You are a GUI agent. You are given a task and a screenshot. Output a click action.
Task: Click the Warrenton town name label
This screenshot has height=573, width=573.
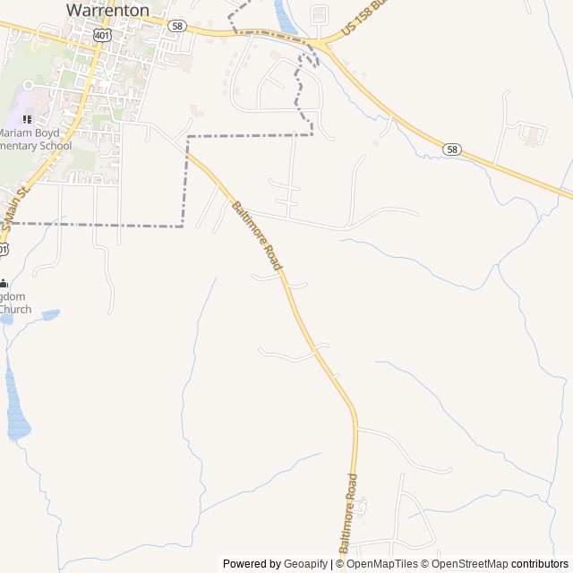[107, 10]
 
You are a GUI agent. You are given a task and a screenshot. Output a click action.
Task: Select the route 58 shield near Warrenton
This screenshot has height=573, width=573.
[177, 26]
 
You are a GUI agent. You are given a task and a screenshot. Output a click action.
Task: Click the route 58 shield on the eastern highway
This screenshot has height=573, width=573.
[452, 150]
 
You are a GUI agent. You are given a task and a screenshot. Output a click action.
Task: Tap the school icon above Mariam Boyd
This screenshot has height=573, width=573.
[27, 118]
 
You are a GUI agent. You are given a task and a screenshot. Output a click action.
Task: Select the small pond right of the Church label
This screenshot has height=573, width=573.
[50, 314]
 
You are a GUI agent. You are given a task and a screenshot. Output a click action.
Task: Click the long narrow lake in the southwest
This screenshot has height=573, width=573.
[16, 403]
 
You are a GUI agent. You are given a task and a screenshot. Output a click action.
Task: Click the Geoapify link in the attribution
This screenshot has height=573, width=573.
[305, 564]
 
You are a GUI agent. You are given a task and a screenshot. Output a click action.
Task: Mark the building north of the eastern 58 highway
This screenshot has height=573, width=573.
[534, 135]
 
